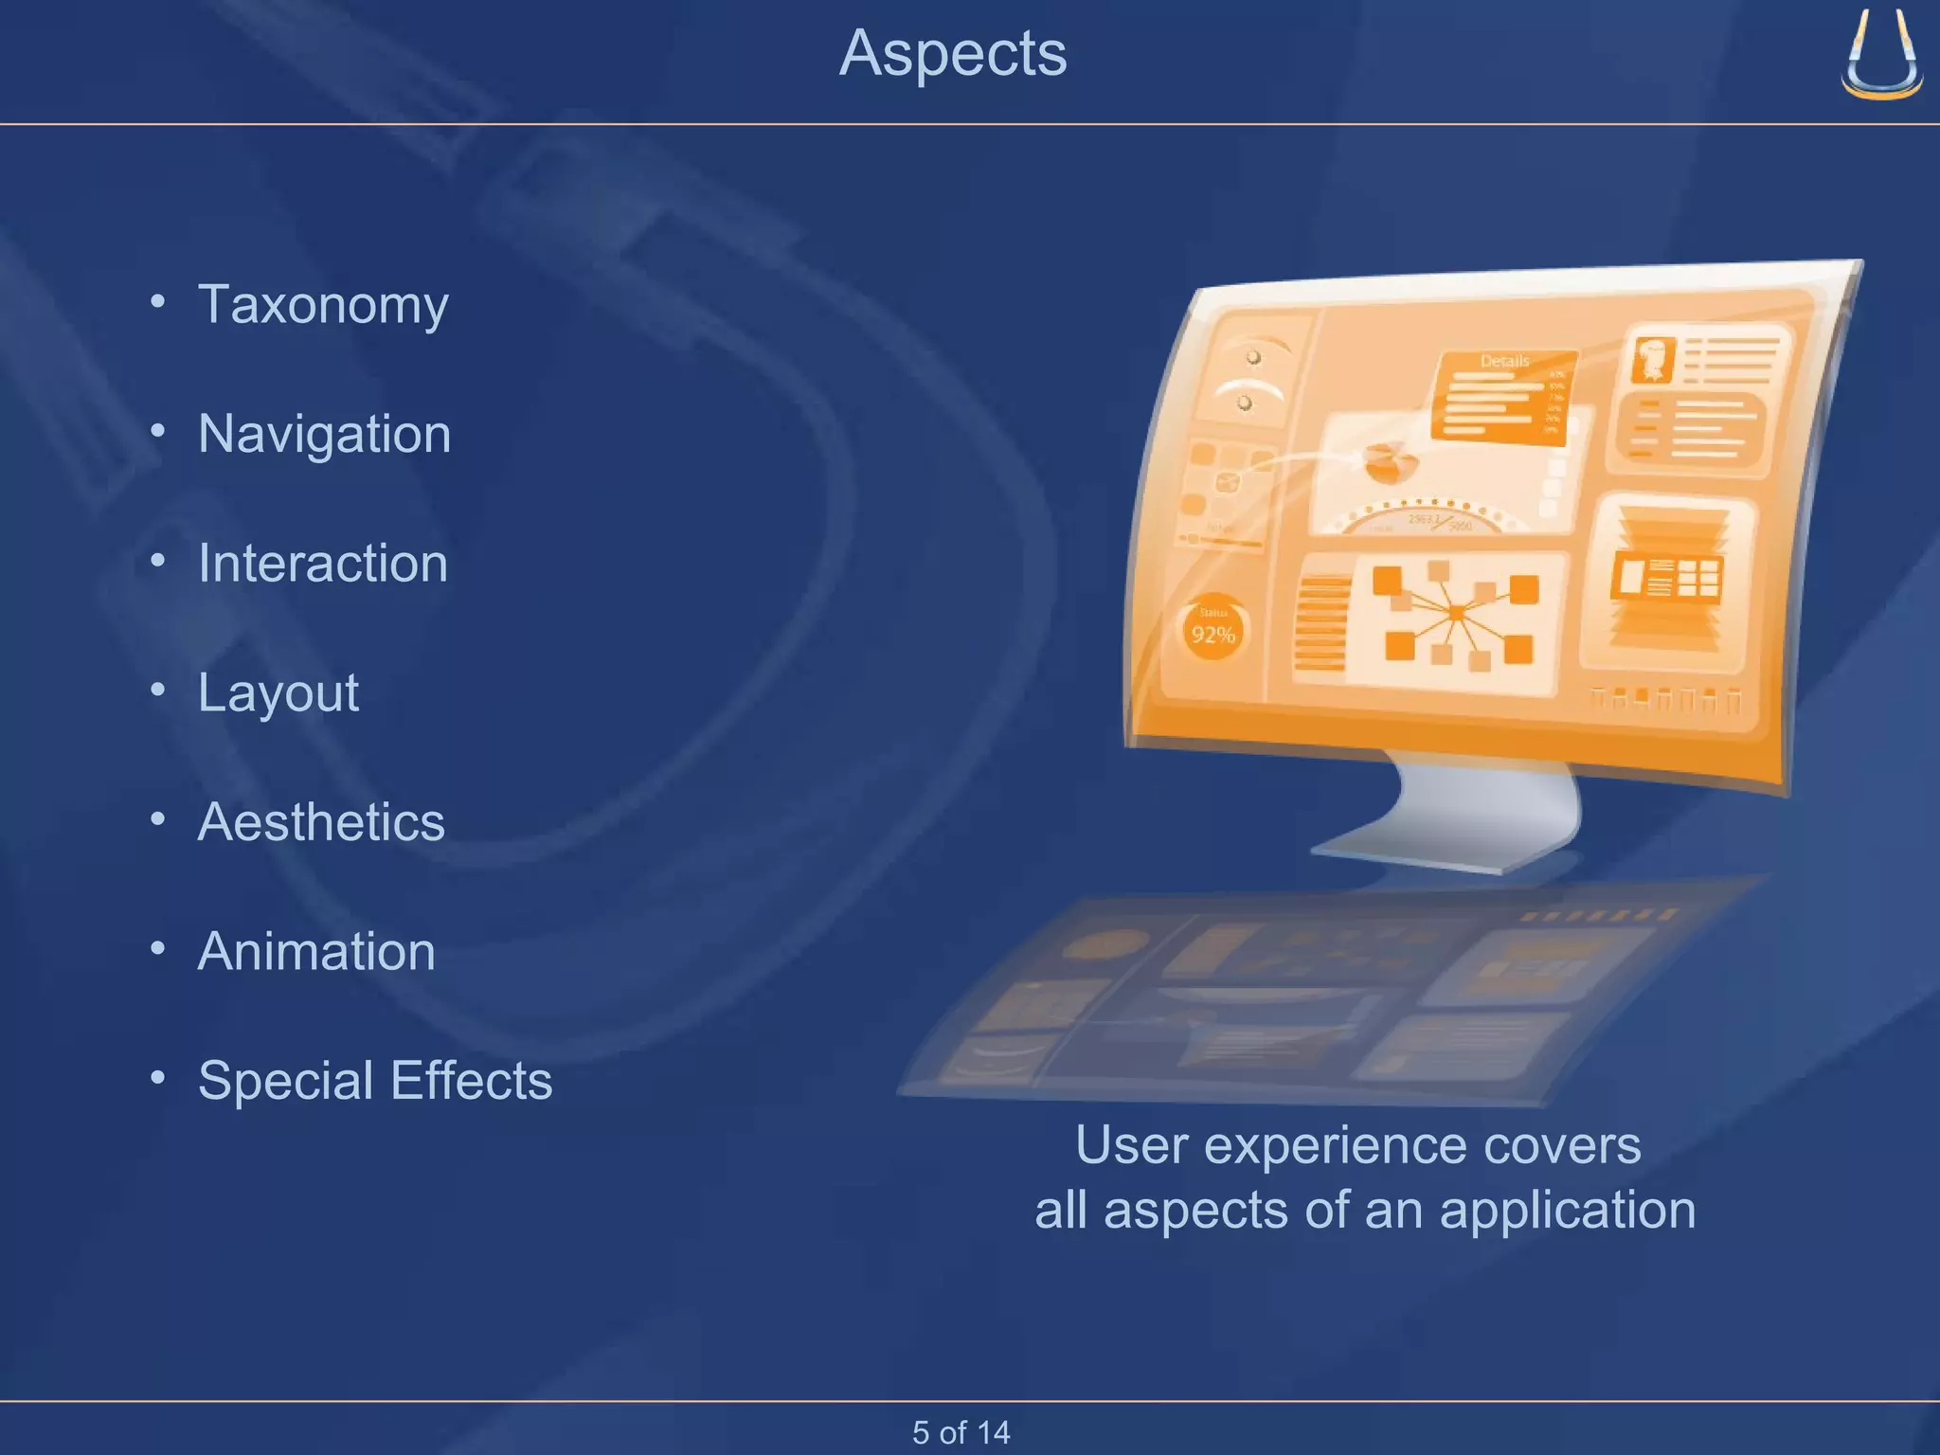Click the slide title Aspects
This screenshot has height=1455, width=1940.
[x=953, y=54]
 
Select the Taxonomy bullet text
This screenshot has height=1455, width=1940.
[x=323, y=305]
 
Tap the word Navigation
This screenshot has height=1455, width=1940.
[x=324, y=434]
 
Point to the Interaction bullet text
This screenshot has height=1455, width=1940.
[x=322, y=564]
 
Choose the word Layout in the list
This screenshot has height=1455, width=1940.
[x=278, y=693]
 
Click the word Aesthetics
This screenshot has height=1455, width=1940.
[x=321, y=822]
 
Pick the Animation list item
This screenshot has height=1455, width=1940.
[x=316, y=952]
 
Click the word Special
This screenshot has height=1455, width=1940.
[x=285, y=1081]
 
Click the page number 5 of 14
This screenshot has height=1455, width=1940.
[x=961, y=1431]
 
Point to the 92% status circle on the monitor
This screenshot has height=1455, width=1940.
[x=1212, y=630]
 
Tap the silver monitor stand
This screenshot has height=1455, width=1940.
[x=1459, y=815]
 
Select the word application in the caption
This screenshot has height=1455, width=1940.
[x=1568, y=1211]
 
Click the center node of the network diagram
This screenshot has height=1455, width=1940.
[x=1456, y=614]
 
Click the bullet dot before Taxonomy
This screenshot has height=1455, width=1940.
[x=158, y=302]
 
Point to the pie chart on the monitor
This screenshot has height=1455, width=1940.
[x=1390, y=461]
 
